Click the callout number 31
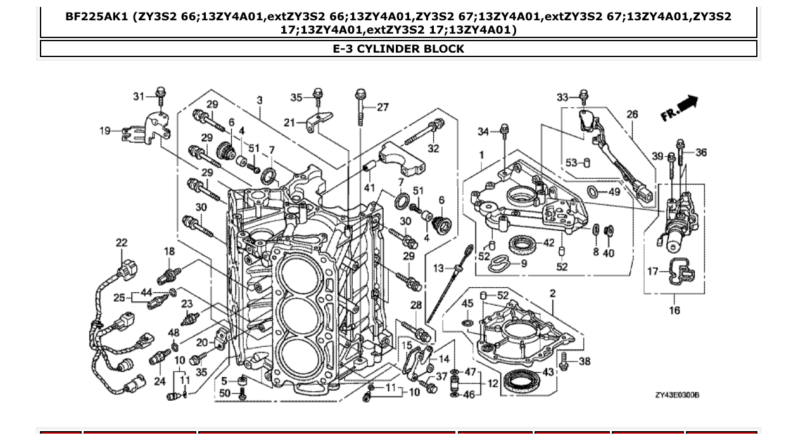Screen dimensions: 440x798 (x=139, y=96)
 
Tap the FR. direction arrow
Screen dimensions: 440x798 (x=680, y=108)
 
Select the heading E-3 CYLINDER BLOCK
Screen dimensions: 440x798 (x=398, y=49)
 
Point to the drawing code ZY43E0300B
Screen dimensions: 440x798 (x=677, y=395)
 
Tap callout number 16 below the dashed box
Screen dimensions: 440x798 (x=674, y=310)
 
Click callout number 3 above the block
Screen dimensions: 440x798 (x=260, y=100)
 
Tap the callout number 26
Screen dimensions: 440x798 (x=632, y=114)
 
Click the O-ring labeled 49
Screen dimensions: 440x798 (x=592, y=191)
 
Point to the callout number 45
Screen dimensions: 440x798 (x=467, y=304)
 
